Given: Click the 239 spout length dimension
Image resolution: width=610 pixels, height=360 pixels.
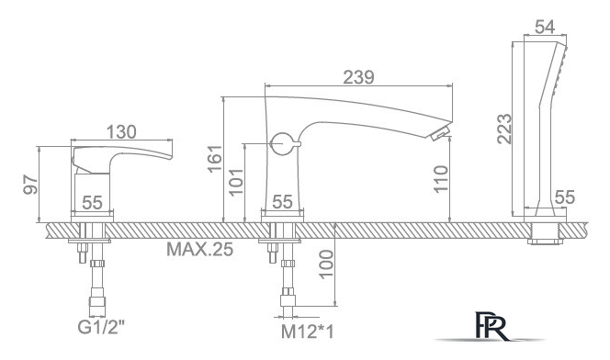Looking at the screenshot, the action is [358, 77].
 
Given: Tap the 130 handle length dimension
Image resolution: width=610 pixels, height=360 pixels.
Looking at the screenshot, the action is [121, 132].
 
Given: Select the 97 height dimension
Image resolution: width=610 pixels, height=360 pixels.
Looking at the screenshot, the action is [30, 185].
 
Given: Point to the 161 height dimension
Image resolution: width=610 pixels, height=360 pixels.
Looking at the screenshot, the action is [214, 158].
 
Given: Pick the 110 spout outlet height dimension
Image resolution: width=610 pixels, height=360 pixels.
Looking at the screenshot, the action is [441, 178].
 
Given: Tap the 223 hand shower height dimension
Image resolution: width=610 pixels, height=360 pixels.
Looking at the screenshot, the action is [504, 129].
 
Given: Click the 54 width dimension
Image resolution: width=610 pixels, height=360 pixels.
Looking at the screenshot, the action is [545, 28].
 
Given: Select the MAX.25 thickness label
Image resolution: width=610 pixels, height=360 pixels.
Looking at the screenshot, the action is [200, 249].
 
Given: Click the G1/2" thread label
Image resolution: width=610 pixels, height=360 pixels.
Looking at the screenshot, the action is [102, 327].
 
